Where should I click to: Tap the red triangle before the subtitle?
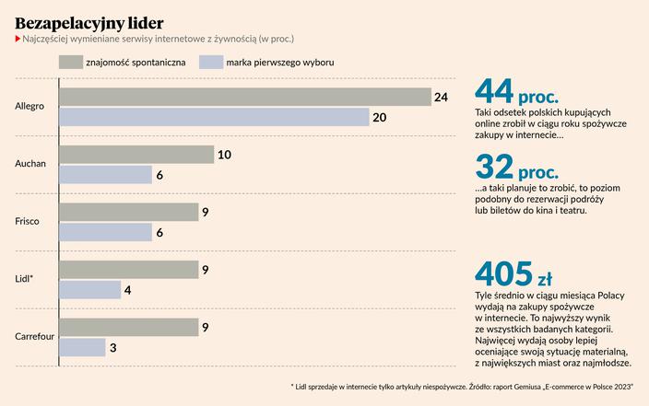pyautogui.click(x=18, y=39)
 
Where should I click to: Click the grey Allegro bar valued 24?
pyautogui.click(x=245, y=97)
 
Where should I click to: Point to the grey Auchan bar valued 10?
pyautogui.click(x=136, y=155)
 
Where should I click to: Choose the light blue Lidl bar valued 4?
pyautogui.click(x=90, y=289)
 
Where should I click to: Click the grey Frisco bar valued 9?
pyautogui.click(x=129, y=212)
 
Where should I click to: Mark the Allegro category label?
pyautogui.click(x=30, y=107)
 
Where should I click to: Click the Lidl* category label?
pyautogui.click(x=26, y=279)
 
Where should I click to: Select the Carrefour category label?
pyautogui.click(x=35, y=337)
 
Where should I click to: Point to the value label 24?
pyautogui.click(x=441, y=97)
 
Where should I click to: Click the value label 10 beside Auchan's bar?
pyautogui.click(x=224, y=155)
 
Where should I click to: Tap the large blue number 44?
pyautogui.click(x=494, y=92)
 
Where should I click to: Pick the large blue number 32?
pyautogui.click(x=494, y=168)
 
